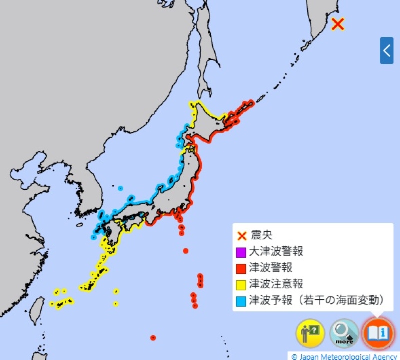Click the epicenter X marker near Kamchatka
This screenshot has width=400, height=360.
tap(338, 23)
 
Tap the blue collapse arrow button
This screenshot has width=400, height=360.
tap(386, 50)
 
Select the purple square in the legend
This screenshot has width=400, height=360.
tap(242, 252)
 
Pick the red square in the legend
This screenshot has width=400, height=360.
tap(242, 268)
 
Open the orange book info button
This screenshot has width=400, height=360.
tap(378, 333)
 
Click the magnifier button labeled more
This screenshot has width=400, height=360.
tap(344, 333)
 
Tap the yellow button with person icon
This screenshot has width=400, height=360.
tap(310, 333)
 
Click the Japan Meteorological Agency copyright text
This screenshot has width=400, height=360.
tap(345, 356)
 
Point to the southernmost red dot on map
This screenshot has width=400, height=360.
tap(153, 338)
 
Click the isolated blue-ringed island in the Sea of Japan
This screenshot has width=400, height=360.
tap(120, 188)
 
